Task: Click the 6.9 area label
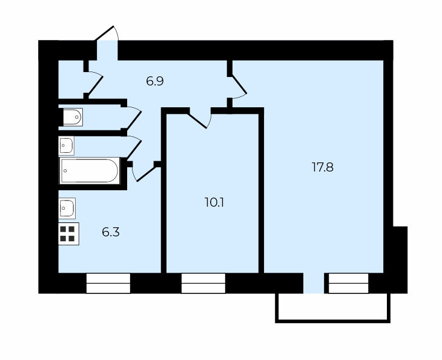[155, 81]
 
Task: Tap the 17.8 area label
[323, 167]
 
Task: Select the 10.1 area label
[214, 202]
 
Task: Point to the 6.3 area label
[110, 232]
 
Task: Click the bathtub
[90, 171]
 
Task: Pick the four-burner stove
[68, 234]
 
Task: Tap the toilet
[73, 117]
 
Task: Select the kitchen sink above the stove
[67, 208]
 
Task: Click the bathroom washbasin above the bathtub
[66, 146]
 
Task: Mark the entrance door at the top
[107, 33]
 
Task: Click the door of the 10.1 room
[199, 118]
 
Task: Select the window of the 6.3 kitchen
[108, 283]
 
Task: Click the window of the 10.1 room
[203, 283]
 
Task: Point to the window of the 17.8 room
[349, 283]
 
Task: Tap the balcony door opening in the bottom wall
[314, 283]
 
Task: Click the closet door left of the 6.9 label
[94, 83]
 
